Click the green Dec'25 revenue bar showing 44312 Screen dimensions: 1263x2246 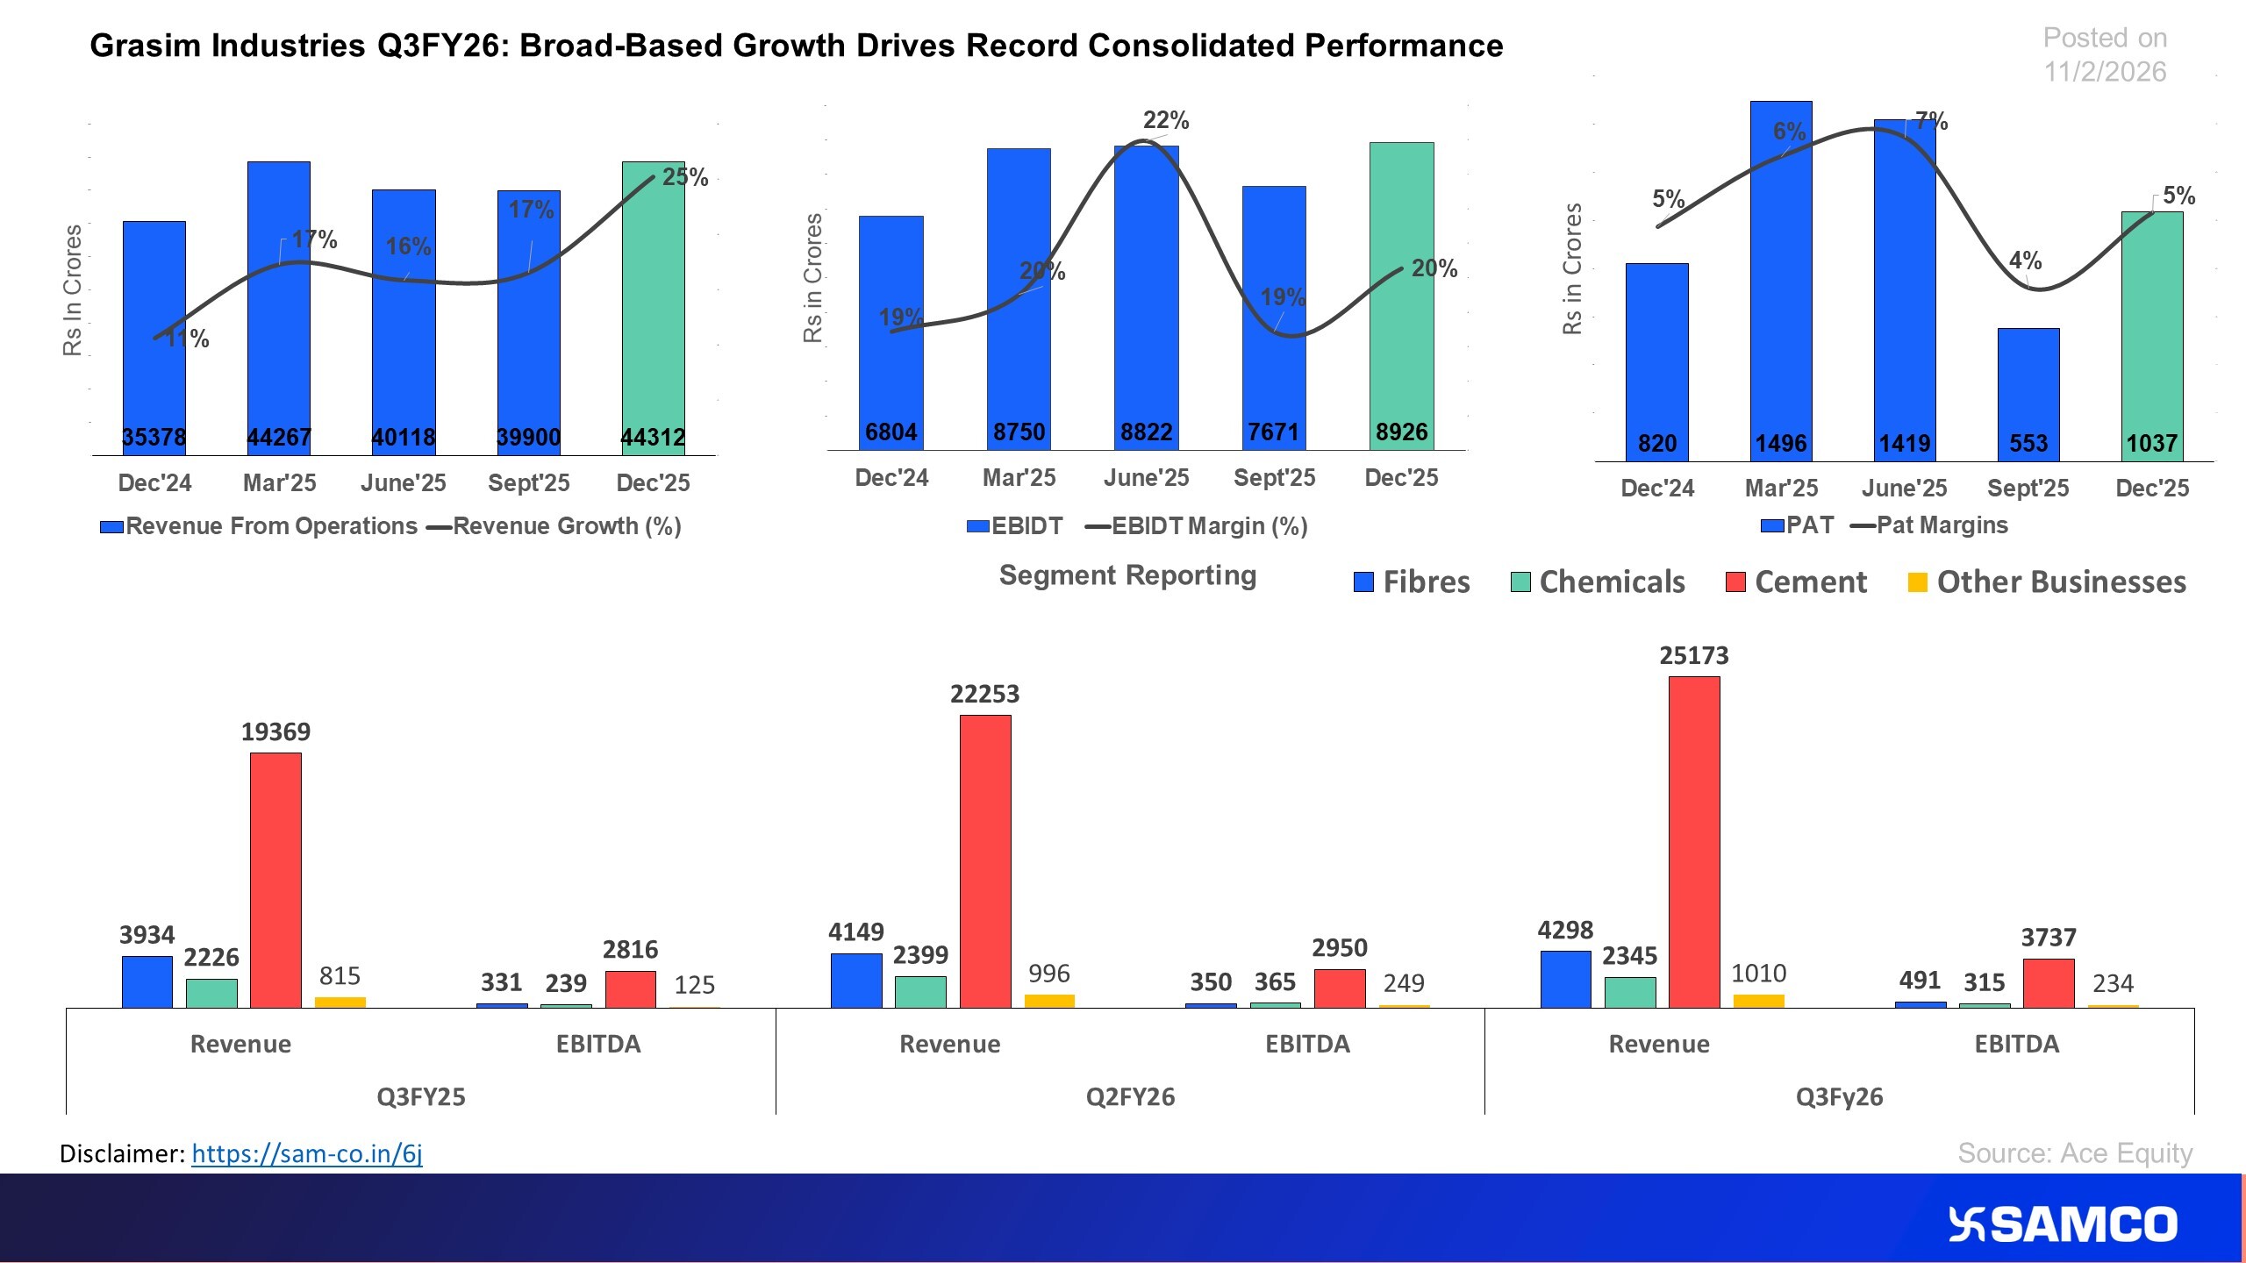coord(653,307)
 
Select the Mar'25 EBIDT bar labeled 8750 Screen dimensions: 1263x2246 coord(1019,298)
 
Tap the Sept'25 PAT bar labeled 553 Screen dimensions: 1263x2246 coord(2028,395)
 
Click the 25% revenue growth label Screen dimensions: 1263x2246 coord(685,177)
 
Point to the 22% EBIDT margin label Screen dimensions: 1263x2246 coord(1166,120)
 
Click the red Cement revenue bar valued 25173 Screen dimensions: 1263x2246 coord(1693,842)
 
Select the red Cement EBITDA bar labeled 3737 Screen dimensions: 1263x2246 coord(2049,983)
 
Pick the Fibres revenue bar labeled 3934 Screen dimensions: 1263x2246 coord(147,981)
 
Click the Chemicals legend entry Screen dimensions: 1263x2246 coord(1598,582)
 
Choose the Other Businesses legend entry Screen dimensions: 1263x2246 coord(2048,582)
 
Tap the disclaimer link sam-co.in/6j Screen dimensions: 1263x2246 coord(307,1153)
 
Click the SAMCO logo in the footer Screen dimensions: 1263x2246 coord(2062,1224)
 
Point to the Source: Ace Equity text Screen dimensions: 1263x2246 coord(2075,1152)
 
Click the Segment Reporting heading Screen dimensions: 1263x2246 coord(1127,575)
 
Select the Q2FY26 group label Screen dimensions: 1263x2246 coord(1130,1097)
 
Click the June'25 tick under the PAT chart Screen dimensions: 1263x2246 coord(1904,489)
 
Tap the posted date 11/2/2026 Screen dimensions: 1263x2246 coord(2105,72)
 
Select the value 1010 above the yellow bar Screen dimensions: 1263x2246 coord(1758,974)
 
